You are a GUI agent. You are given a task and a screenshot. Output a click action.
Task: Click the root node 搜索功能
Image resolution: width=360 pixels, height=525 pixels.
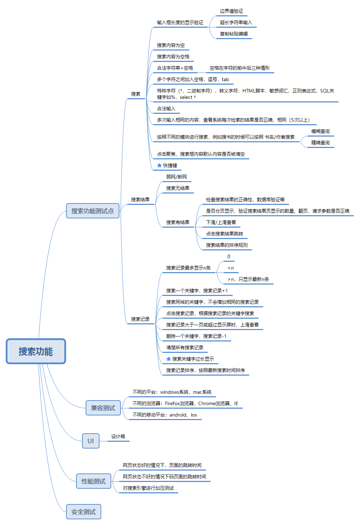36,351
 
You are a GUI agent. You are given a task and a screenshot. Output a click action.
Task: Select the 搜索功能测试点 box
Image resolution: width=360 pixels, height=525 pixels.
93,211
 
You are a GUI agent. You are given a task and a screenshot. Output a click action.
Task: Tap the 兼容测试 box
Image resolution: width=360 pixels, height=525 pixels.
103,408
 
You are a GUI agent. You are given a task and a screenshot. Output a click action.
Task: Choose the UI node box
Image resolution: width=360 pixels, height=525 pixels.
91,441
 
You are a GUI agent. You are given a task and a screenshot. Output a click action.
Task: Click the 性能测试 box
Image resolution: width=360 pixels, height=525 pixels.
93,481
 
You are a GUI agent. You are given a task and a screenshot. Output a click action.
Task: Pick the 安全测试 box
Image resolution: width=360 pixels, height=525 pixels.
84,512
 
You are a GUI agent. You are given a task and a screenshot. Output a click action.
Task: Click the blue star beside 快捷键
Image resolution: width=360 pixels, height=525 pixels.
159,165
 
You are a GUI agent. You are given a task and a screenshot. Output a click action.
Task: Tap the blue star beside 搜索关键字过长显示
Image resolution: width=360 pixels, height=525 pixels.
168,359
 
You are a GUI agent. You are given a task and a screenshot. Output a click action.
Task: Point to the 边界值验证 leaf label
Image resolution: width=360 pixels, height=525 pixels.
231,11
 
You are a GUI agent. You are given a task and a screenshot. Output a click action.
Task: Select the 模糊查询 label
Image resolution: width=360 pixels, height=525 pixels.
320,131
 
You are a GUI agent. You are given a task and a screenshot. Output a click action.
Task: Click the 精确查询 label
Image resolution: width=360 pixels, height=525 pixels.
320,143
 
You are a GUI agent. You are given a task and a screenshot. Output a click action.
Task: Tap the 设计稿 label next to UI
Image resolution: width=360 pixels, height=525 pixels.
118,436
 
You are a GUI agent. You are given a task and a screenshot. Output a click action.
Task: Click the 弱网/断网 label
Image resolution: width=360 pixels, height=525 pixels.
176,177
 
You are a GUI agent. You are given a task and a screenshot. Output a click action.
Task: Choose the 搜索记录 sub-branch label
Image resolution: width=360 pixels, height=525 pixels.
140,319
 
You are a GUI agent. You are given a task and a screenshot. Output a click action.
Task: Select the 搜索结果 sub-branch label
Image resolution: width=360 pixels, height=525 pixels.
140,200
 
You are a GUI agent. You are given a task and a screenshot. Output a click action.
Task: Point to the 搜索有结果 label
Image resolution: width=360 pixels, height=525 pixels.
178,222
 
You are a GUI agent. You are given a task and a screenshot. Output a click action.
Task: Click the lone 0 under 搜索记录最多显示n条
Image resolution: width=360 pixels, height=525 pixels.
229,256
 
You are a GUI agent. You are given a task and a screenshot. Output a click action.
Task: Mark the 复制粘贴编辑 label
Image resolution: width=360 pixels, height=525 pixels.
233,34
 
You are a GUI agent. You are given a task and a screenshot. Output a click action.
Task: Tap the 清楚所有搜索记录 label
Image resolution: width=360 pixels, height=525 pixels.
184,348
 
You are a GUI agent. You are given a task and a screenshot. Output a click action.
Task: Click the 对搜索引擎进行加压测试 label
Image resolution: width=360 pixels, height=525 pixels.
148,488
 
